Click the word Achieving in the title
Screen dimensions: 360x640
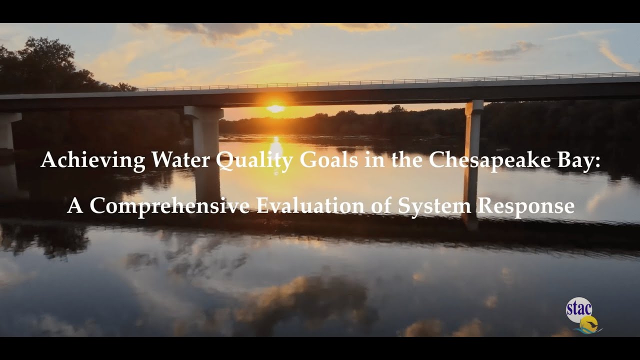tap(93, 160)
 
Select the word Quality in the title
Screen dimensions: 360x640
tap(247, 161)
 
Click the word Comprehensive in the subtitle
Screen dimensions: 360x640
tap(169, 206)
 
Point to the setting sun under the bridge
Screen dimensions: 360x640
tap(275, 108)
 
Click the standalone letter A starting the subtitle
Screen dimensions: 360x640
tap(75, 206)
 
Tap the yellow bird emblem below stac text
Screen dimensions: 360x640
tap(590, 323)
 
